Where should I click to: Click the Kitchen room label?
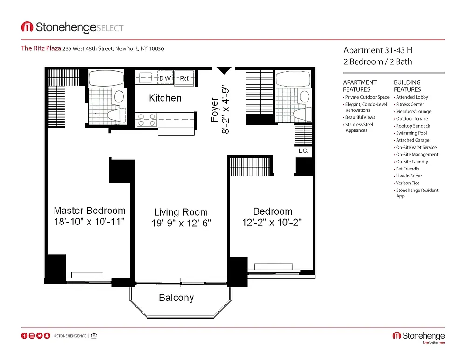coord(165,98)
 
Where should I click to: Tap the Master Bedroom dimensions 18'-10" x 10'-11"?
coord(89,222)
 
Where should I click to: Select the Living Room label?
coord(181,212)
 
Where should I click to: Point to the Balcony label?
coord(176,298)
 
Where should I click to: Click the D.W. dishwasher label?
coord(165,78)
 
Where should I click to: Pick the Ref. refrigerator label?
coord(185,78)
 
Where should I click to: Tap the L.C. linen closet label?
coord(303,151)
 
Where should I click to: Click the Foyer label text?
coord(214,110)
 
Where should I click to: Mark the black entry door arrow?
coord(224,70)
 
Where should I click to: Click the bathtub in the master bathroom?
coord(106,78)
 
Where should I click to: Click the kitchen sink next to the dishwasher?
coord(145,78)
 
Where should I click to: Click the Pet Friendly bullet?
coord(407,169)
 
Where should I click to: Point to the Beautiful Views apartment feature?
coord(359,118)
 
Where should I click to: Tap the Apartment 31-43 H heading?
coord(378,50)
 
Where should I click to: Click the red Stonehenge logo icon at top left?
coord(27,27)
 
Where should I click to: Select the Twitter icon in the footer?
coord(40,336)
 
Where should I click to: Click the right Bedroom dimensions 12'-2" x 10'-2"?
coord(272,223)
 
